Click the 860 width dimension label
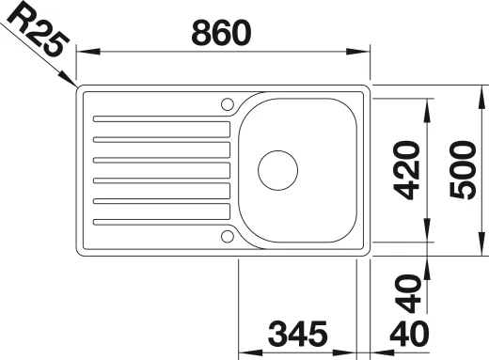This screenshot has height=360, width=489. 221,33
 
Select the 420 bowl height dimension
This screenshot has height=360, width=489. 406,170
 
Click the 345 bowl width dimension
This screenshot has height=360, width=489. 298,334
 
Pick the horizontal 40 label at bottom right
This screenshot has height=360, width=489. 409,334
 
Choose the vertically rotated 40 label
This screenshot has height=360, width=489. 407,294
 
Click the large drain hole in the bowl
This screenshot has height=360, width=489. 278,170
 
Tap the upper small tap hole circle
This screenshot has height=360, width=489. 228,104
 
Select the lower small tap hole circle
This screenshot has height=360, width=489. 228,236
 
